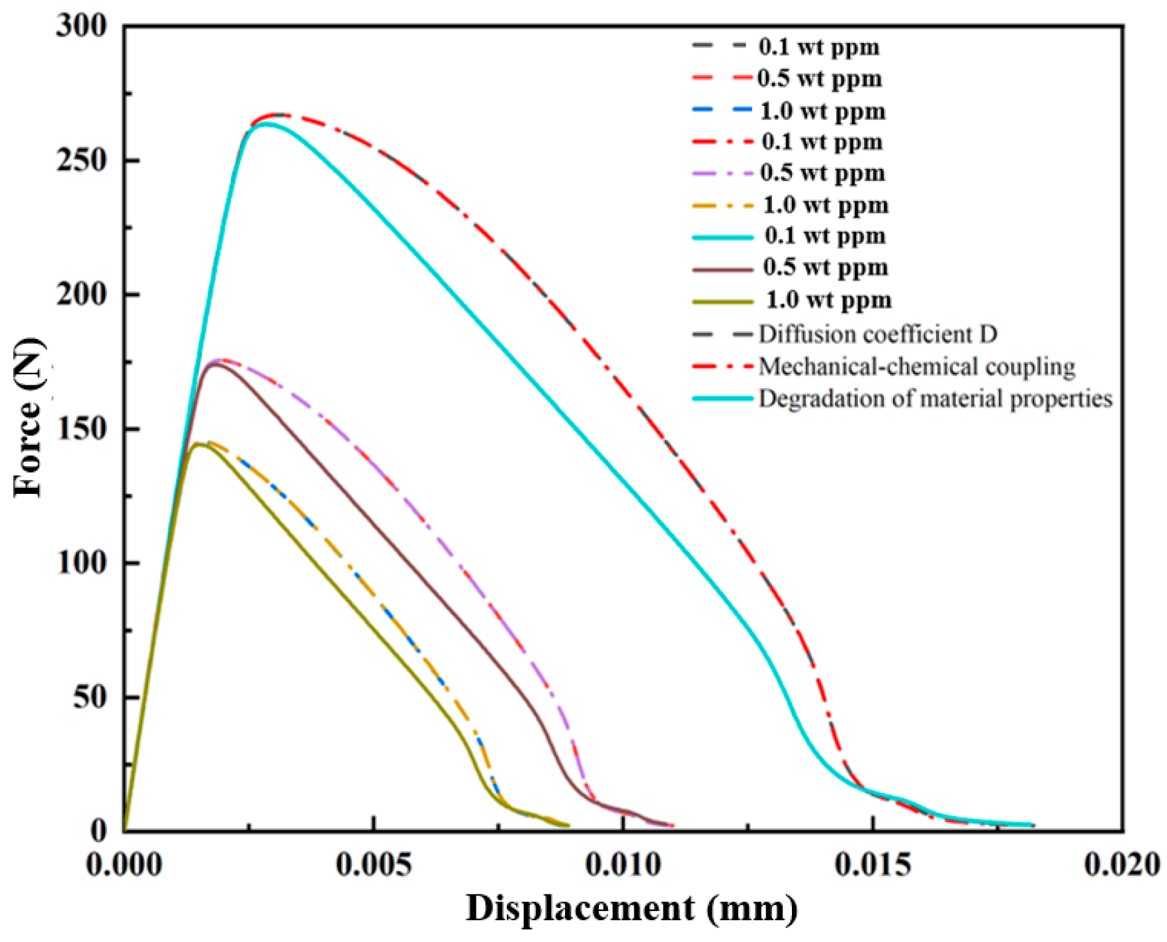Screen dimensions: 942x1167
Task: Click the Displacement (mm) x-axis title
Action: pos(632,908)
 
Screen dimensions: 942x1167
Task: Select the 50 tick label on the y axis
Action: pos(89,697)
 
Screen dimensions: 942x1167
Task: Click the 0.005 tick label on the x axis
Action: pos(374,865)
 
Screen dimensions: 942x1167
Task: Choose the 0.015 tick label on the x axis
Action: pos(873,865)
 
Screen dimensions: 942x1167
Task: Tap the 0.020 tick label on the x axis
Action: pos(1123,865)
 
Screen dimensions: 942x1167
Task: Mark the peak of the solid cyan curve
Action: pos(266,124)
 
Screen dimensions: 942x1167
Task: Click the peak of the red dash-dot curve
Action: pos(278,115)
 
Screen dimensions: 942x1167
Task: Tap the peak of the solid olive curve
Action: pos(197,444)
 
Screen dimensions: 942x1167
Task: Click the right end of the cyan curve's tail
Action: pos(1033,825)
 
